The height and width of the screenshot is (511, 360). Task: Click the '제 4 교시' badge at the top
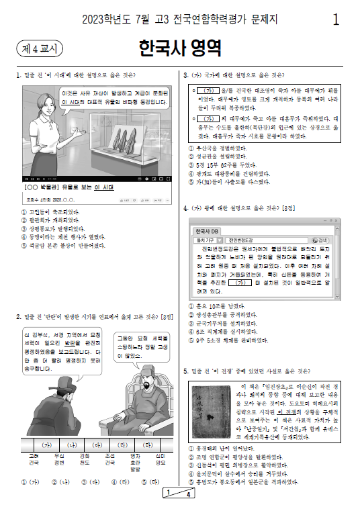[38, 48]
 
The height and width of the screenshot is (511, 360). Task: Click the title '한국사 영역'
[179, 48]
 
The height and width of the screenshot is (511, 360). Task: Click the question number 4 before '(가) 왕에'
[185, 208]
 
